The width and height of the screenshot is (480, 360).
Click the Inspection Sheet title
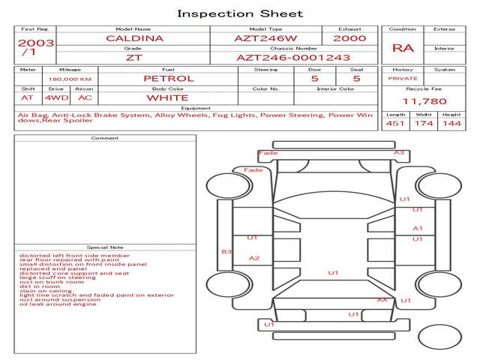pyautogui.click(x=240, y=13)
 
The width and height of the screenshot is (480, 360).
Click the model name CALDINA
pyautogui.click(x=133, y=38)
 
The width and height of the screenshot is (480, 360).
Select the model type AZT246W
pyautogui.click(x=266, y=38)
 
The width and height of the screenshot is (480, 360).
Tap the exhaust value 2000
pyautogui.click(x=349, y=38)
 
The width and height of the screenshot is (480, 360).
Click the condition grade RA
pyautogui.click(x=403, y=48)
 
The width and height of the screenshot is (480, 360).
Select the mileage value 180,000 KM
pyautogui.click(x=70, y=78)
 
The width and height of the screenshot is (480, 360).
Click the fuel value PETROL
pyautogui.click(x=169, y=78)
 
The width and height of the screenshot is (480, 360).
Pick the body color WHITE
pyautogui.click(x=167, y=97)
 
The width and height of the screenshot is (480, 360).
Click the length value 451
pyautogui.click(x=395, y=124)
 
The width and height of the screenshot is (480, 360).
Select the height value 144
pyautogui.click(x=451, y=124)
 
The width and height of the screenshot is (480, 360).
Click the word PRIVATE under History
pyautogui.click(x=403, y=78)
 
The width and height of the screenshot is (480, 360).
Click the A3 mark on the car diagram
pyautogui.click(x=399, y=153)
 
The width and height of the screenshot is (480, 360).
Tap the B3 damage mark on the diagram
pyautogui.click(x=226, y=252)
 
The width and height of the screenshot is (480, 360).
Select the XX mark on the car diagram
pyautogui.click(x=382, y=300)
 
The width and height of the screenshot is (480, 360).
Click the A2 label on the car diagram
pyautogui.click(x=254, y=259)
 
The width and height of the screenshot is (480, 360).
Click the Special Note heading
pyautogui.click(x=104, y=247)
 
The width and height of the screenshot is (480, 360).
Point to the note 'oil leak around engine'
pyautogui.click(x=58, y=304)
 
